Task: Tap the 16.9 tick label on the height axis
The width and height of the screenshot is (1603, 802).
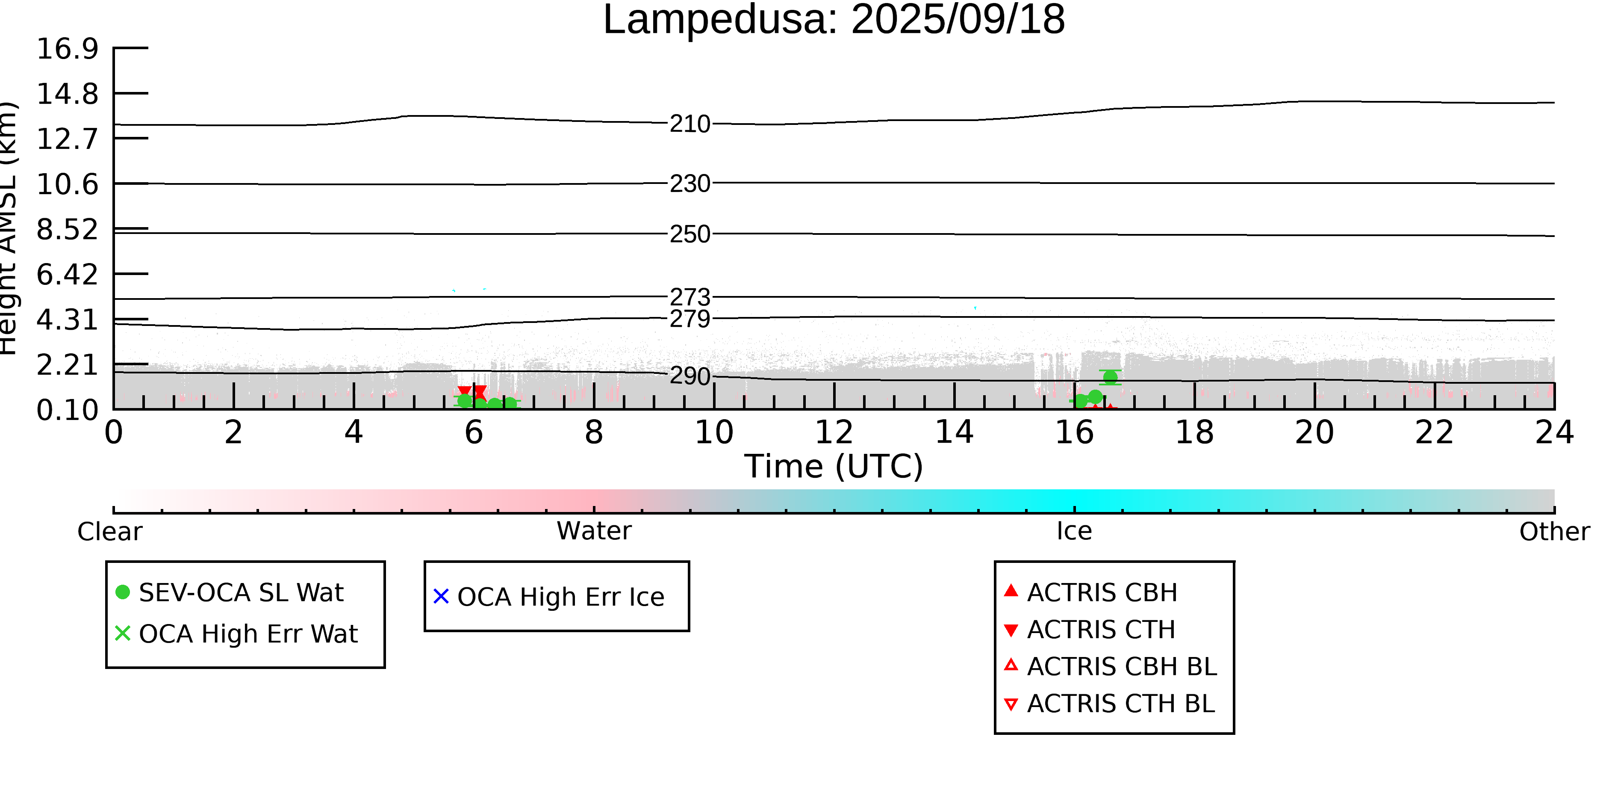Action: coord(67,49)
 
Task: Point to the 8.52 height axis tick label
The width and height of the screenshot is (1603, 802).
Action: coord(67,230)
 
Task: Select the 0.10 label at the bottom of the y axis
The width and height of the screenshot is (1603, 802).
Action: coord(67,410)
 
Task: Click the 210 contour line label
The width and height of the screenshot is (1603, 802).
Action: coord(690,124)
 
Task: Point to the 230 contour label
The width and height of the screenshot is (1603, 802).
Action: coord(690,183)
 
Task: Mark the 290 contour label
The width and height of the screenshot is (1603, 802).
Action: coord(690,376)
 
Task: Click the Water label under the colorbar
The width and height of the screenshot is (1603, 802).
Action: coord(594,531)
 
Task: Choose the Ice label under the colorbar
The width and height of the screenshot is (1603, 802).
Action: coord(1074,531)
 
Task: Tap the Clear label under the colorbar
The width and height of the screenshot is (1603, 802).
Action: coord(109,532)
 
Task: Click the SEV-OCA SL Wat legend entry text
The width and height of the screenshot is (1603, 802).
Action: coord(241,593)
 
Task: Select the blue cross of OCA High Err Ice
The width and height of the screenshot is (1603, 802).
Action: coord(441,597)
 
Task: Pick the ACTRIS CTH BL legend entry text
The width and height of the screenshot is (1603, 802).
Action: coord(1121,704)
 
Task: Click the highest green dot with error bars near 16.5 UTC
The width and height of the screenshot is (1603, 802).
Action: coord(1110,377)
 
